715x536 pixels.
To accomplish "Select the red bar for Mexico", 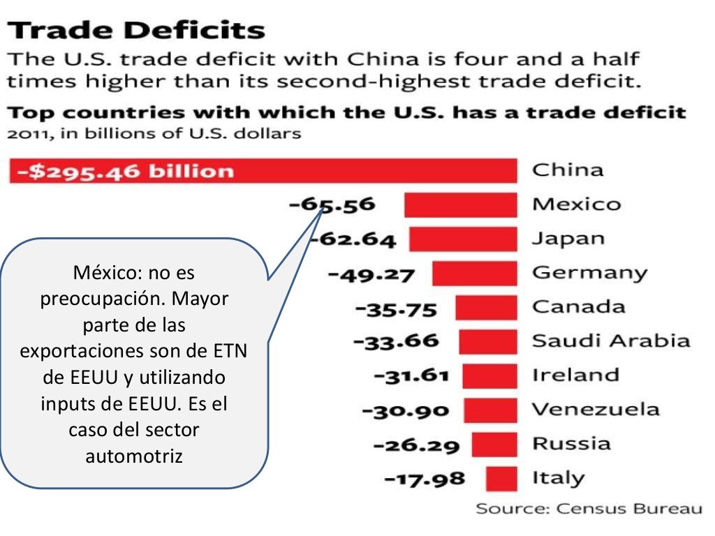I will tap(461, 205).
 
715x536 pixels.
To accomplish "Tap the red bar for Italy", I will tap(502, 479).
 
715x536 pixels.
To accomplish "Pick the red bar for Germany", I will tap(475, 274).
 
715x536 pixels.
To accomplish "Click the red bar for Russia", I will tap(494, 445).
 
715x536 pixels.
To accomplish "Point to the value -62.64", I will tap(353, 239).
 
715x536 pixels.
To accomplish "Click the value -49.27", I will tap(371, 274).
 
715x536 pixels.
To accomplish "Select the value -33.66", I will tap(397, 342).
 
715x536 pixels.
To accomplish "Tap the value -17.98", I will tap(425, 479).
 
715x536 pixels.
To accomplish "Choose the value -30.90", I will tap(406, 410).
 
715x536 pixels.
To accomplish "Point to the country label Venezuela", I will tap(596, 410).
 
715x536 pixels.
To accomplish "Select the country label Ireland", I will tap(575, 375).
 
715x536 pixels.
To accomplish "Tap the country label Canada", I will tap(579, 307).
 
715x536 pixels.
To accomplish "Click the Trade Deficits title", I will tap(137, 31).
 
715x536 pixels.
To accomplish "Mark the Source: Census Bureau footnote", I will tap(589, 509).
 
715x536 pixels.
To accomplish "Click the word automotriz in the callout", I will tap(133, 456).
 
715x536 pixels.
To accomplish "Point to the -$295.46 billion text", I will tap(126, 171).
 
